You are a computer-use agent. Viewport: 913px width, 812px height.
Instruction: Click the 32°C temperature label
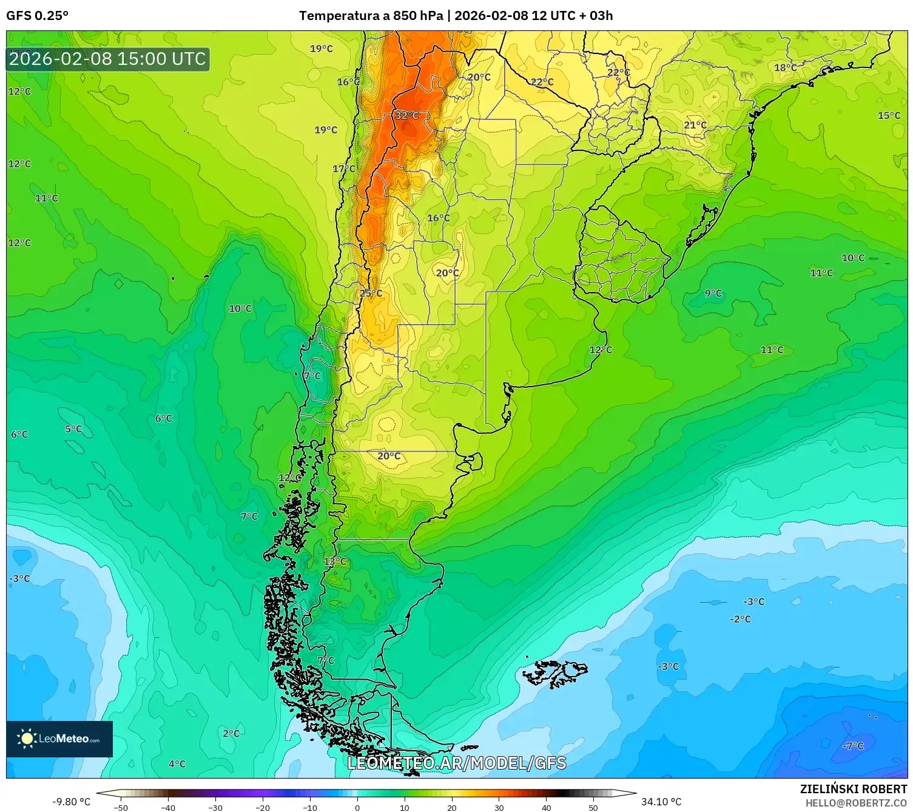(407, 115)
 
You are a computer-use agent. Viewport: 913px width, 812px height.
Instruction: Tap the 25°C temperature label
(371, 293)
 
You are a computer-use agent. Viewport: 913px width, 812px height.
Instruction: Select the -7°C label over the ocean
(853, 746)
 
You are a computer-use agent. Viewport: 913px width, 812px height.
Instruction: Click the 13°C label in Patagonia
(335, 561)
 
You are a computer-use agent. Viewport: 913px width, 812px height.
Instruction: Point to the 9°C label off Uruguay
(713, 293)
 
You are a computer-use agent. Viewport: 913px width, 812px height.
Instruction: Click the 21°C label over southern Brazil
(695, 125)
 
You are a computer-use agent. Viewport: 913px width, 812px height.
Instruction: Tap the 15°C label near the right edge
(889, 115)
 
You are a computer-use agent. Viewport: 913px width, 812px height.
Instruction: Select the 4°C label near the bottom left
(177, 764)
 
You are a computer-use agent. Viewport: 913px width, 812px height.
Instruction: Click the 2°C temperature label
(231, 733)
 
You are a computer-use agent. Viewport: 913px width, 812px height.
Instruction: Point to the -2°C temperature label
(740, 619)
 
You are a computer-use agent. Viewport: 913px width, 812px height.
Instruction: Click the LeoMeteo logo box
(59, 739)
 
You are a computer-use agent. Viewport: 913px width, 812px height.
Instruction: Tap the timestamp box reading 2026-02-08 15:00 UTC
(108, 59)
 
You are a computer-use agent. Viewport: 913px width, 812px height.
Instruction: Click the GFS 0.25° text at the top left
(37, 16)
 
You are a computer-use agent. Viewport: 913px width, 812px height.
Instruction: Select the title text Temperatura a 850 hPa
(371, 16)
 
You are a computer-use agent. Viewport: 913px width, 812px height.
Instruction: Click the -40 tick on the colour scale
(168, 807)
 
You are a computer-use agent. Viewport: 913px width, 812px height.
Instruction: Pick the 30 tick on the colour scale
(499, 807)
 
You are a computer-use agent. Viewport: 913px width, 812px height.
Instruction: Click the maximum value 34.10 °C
(661, 802)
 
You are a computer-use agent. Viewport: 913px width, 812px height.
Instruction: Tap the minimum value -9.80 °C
(71, 802)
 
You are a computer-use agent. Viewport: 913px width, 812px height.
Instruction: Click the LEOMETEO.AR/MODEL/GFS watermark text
(457, 763)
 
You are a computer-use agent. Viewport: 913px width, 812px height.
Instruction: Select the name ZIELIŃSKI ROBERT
(853, 789)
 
